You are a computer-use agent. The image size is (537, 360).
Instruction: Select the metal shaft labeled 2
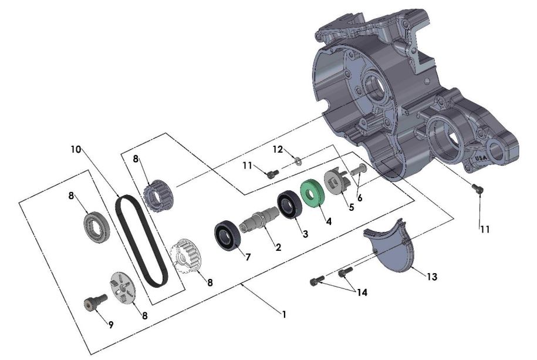[x=259, y=221]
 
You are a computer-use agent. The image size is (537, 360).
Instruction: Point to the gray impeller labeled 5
[x=336, y=181]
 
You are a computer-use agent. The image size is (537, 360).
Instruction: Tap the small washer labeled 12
[x=299, y=159]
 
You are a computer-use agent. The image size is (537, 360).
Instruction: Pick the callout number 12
[x=277, y=150]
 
